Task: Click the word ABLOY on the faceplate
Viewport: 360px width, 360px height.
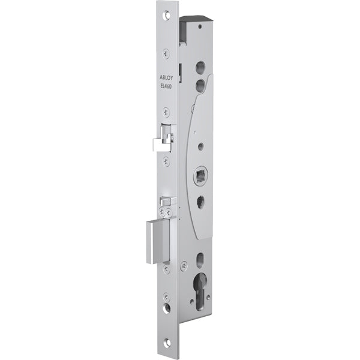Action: point(166,77)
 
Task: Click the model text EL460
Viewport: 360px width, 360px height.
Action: point(166,86)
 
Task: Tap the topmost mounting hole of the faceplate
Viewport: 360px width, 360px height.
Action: point(166,15)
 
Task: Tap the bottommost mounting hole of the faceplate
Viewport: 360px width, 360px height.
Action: point(167,343)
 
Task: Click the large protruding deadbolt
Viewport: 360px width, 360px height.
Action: point(158,241)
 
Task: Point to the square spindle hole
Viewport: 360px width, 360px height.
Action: point(200,176)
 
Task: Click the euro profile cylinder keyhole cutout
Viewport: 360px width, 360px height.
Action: point(200,292)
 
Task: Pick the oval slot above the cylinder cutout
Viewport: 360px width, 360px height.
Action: point(200,260)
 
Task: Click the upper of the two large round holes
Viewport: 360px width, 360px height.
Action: point(200,67)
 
